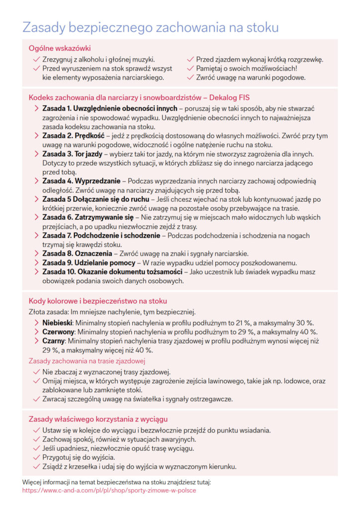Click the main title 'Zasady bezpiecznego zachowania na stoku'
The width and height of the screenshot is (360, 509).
click(150, 27)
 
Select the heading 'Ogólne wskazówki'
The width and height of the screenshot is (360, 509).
click(60, 48)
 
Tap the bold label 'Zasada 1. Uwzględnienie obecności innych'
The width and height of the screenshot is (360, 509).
click(109, 108)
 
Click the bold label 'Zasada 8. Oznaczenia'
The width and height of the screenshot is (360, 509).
click(76, 254)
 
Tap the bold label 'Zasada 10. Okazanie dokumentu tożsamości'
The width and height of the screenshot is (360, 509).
click(112, 272)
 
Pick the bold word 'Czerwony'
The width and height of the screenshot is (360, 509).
click(59, 332)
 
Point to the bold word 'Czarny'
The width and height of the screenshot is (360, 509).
click(54, 341)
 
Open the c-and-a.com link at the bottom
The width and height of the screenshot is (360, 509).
click(109, 490)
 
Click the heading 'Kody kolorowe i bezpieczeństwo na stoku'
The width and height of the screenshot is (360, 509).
click(98, 301)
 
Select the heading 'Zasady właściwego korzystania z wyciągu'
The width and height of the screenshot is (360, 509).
click(98, 419)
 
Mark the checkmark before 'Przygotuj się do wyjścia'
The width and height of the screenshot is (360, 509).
click(36, 457)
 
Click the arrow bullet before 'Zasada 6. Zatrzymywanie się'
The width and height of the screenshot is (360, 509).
click(36, 217)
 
